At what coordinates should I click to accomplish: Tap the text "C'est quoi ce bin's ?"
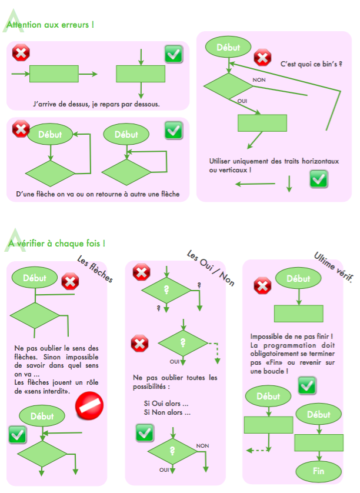(x=312, y=63)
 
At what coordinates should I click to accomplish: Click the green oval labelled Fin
(x=319, y=471)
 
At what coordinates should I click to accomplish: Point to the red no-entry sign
(x=90, y=407)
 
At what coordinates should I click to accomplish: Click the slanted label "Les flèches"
(x=95, y=269)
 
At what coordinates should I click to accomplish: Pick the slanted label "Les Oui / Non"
(x=210, y=268)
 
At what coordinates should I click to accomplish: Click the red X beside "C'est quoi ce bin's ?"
(x=262, y=58)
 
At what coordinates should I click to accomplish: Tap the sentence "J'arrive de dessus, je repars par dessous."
(x=97, y=104)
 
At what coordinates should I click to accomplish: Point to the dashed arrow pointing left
(x=255, y=450)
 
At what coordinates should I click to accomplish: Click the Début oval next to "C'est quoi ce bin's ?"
(x=228, y=48)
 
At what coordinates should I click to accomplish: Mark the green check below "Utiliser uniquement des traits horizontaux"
(x=319, y=179)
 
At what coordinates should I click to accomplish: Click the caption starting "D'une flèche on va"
(x=97, y=194)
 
